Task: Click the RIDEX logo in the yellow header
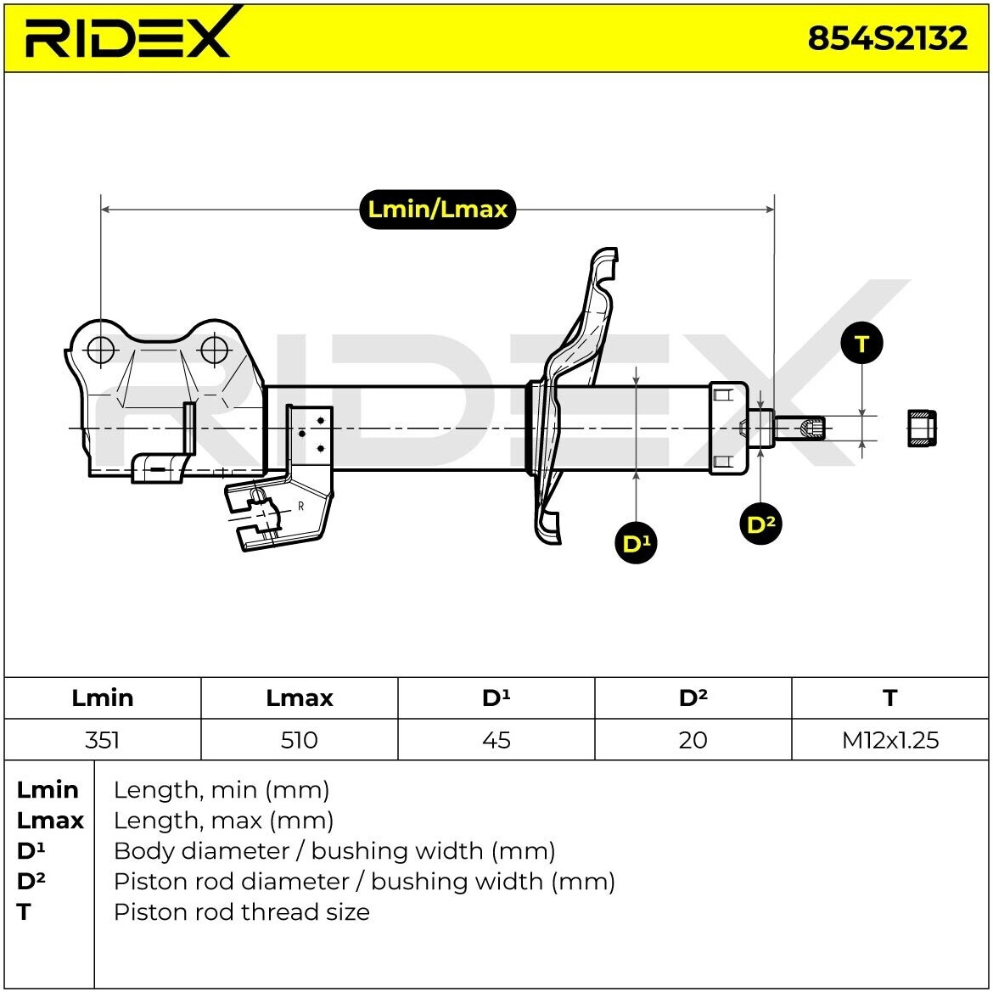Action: [x=127, y=36]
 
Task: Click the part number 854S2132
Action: [x=887, y=38]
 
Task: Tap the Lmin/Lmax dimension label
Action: [x=437, y=209]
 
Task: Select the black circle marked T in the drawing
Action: [x=861, y=344]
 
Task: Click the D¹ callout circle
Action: [x=636, y=543]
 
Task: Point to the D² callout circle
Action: [x=760, y=524]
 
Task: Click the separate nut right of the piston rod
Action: [x=922, y=428]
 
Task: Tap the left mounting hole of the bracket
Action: [x=101, y=349]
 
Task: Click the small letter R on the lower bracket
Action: [x=300, y=507]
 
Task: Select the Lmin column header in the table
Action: [x=103, y=698]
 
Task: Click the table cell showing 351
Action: [x=103, y=740]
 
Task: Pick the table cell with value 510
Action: [x=299, y=740]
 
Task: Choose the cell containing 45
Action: [x=496, y=740]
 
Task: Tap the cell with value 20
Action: [x=693, y=740]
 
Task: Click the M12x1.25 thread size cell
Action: [x=890, y=740]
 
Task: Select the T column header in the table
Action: [x=889, y=698]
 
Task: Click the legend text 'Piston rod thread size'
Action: [x=242, y=912]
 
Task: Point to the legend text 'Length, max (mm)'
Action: [x=223, y=821]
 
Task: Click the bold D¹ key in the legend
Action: [x=32, y=850]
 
